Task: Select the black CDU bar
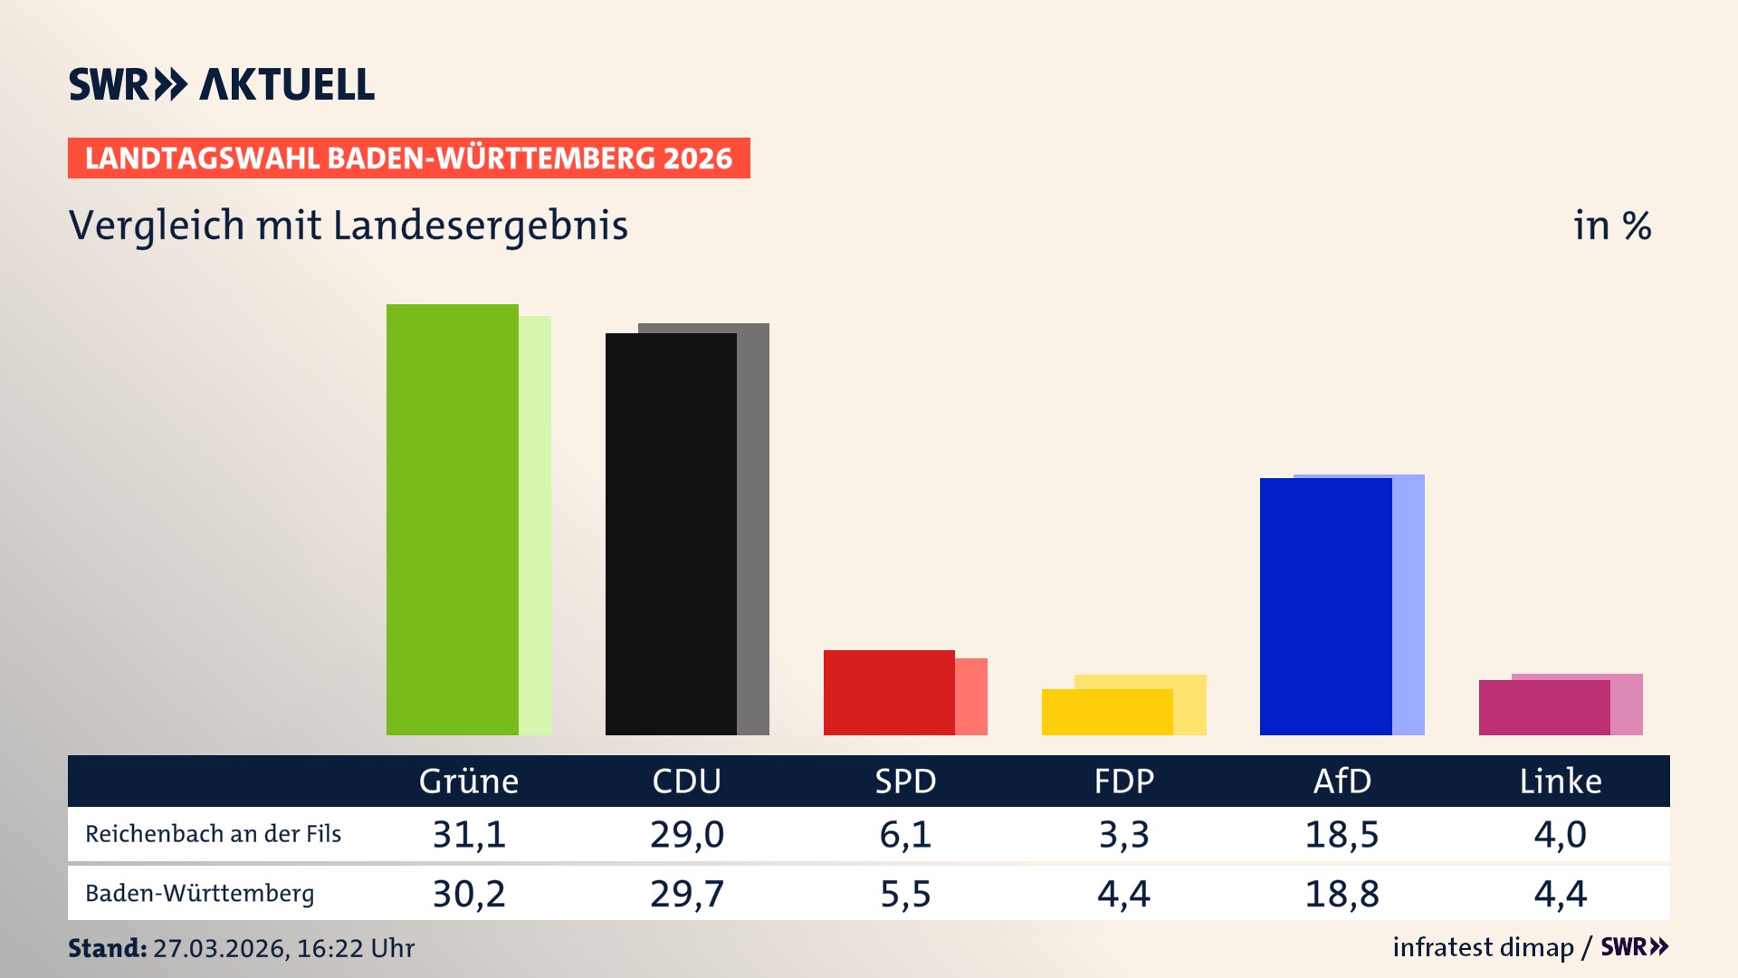(x=671, y=533)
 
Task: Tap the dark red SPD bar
(x=889, y=692)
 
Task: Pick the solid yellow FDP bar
(x=1107, y=712)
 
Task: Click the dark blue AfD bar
(x=1325, y=606)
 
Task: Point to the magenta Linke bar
(x=1544, y=707)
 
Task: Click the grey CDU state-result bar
(x=753, y=529)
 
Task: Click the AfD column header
(x=1342, y=781)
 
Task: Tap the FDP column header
(x=1123, y=781)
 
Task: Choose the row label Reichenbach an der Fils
(x=213, y=834)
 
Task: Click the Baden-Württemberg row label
(x=199, y=894)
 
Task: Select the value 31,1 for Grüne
(x=469, y=834)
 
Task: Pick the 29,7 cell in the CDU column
(x=687, y=894)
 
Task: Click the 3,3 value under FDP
(x=1123, y=834)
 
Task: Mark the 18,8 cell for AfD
(x=1342, y=894)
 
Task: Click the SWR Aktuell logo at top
(x=222, y=84)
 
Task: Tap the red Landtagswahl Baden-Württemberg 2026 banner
(x=408, y=158)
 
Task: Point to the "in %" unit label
(x=1611, y=225)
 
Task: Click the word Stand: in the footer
(x=107, y=948)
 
